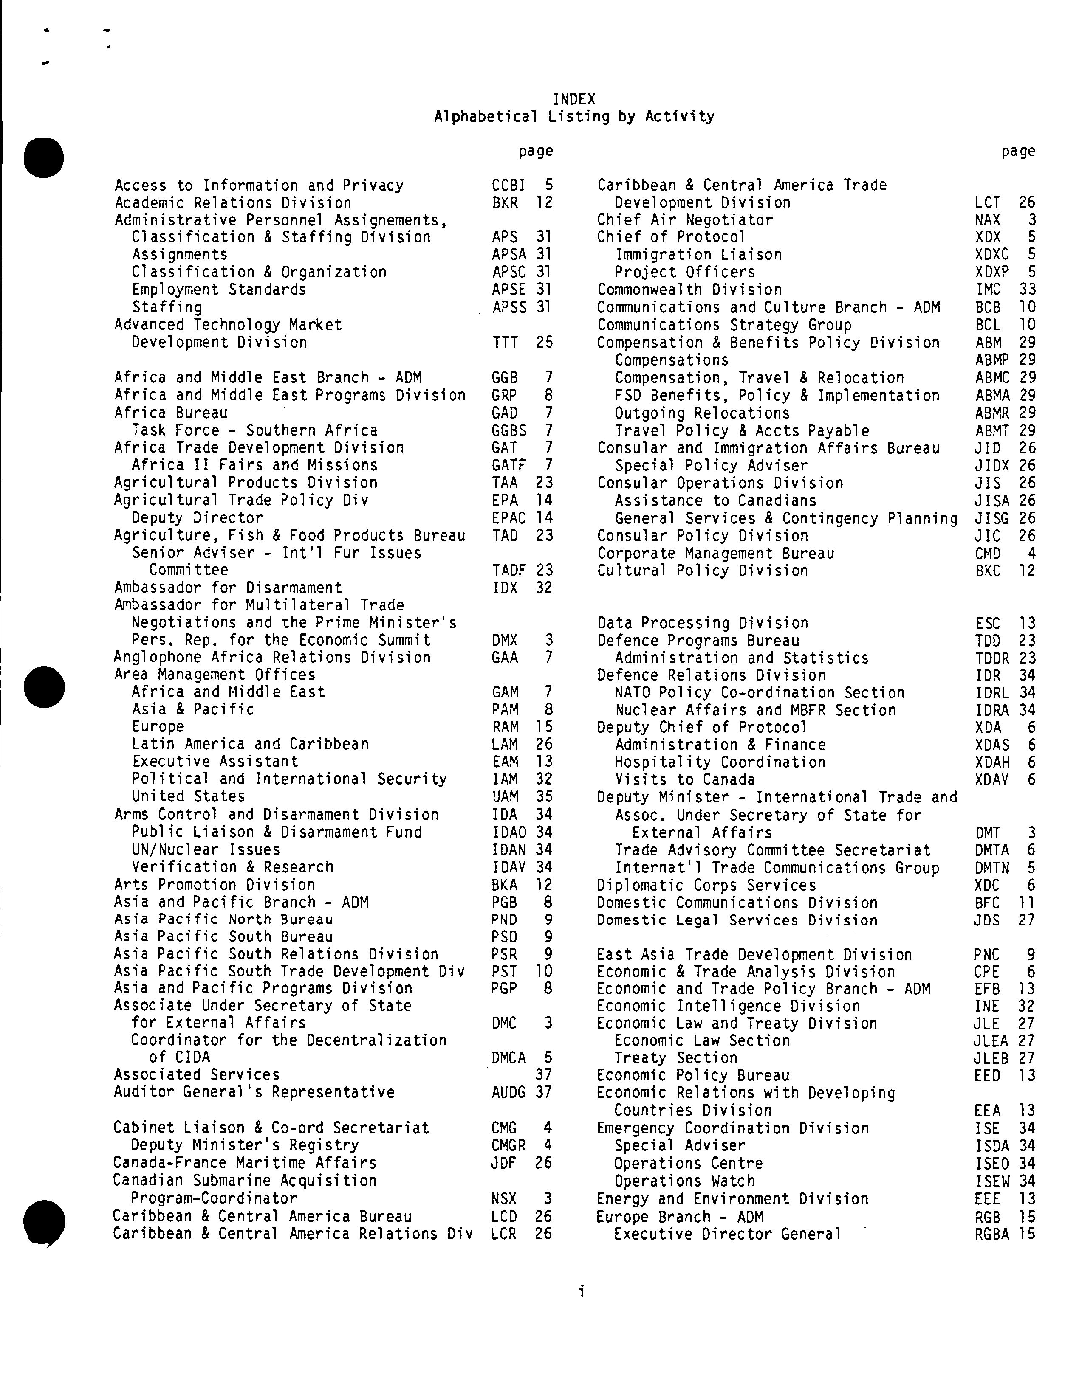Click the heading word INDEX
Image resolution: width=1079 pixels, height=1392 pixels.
(573, 99)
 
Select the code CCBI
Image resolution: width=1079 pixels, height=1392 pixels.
(508, 186)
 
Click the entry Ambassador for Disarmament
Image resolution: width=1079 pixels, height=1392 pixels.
(228, 587)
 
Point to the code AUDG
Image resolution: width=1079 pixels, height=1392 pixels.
(508, 1092)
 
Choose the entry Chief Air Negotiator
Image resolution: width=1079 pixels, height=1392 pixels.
(684, 220)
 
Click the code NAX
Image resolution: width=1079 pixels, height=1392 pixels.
(988, 220)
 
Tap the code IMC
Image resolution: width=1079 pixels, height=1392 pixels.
(988, 290)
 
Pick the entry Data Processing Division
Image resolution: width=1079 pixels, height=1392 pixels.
(702, 623)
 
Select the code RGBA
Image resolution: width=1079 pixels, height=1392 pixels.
(991, 1234)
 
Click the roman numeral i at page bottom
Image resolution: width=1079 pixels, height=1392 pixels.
(581, 1291)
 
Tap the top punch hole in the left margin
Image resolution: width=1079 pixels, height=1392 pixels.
(44, 157)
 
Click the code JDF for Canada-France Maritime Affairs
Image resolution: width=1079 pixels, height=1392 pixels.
(504, 1163)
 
